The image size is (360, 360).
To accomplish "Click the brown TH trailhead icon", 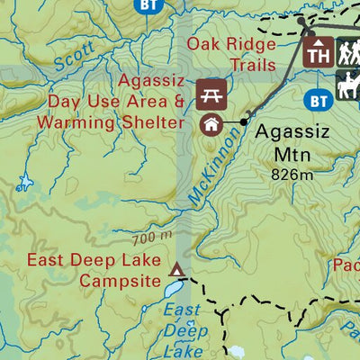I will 318,54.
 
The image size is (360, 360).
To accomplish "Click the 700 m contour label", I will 151,238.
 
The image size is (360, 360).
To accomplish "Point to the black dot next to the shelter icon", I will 243,121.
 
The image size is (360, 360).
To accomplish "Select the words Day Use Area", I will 103,99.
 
